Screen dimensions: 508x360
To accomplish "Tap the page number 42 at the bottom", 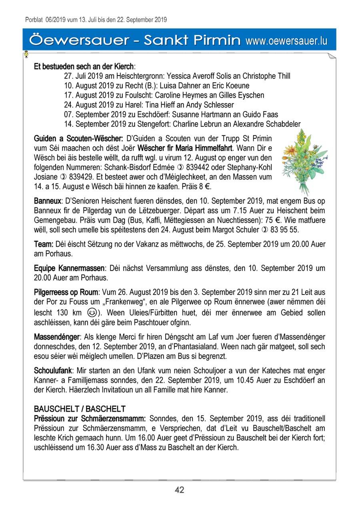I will click(x=180, y=490).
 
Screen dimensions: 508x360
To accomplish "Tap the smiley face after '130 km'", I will click(x=91, y=313).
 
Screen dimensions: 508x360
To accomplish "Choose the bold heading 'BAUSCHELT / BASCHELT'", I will click(x=80, y=409).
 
